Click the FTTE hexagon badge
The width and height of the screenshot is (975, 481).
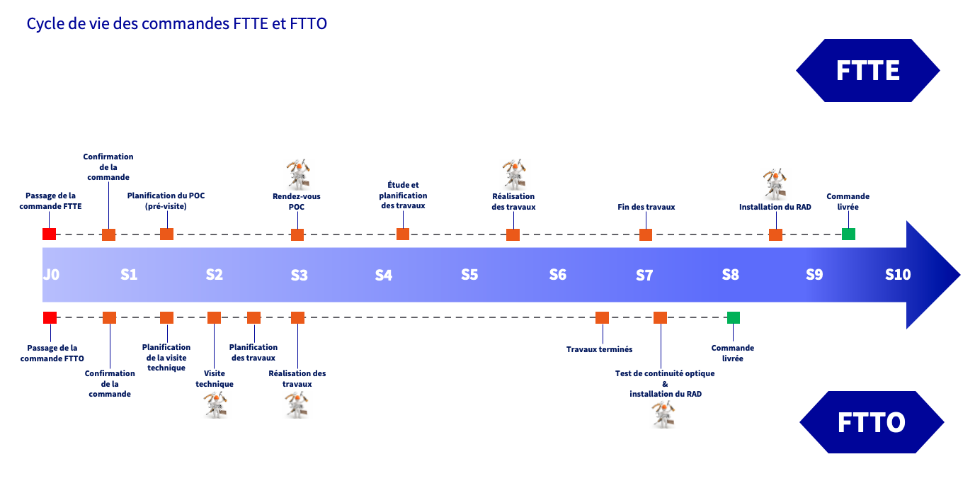(867, 71)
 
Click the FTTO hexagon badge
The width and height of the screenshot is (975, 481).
(872, 422)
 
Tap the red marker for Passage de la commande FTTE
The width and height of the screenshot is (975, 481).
(49, 234)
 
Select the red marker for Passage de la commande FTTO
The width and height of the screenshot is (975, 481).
(50, 317)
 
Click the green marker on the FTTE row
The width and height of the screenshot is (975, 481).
(848, 234)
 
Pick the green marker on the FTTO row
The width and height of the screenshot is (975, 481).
(733, 317)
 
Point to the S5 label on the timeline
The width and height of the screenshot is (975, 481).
(469, 275)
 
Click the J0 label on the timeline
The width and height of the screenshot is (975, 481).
(51, 275)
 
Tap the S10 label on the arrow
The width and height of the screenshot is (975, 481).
(898, 275)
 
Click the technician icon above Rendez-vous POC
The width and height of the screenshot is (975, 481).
(297, 173)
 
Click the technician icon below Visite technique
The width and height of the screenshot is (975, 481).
(215, 405)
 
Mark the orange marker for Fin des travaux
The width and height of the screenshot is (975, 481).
(645, 234)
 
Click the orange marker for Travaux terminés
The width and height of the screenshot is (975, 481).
(602, 317)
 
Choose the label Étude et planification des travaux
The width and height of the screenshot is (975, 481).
(403, 196)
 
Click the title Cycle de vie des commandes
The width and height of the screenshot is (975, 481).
(176, 23)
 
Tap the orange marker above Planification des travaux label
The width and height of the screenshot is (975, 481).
(253, 317)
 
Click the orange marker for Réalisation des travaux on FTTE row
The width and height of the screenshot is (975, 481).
(513, 234)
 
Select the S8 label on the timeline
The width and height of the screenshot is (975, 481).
(731, 275)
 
